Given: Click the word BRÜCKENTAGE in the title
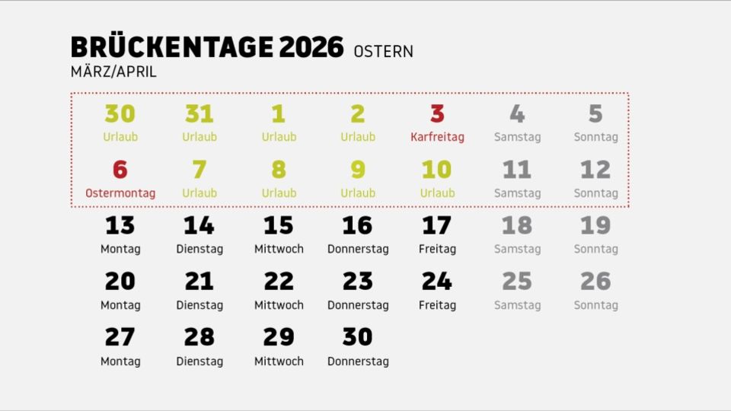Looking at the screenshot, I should click(x=171, y=47).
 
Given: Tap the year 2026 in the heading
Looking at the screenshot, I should click(x=311, y=47).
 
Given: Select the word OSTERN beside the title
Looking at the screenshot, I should click(x=383, y=52).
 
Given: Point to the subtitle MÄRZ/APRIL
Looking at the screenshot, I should click(x=113, y=72).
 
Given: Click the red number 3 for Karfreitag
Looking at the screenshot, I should click(x=437, y=114).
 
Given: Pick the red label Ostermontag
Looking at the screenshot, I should click(x=120, y=193).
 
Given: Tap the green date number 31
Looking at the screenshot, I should click(x=200, y=114).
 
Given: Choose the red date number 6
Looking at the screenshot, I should click(x=120, y=170).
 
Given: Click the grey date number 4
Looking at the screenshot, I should click(x=517, y=114).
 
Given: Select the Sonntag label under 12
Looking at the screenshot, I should click(x=595, y=193).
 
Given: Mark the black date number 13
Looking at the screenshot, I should click(x=120, y=226).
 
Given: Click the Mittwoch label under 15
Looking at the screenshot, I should click(x=279, y=249).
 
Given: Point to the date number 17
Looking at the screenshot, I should click(x=437, y=226).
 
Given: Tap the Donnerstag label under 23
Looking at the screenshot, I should click(x=358, y=305).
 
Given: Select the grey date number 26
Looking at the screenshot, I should click(x=595, y=282).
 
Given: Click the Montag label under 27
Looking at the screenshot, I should click(x=120, y=362).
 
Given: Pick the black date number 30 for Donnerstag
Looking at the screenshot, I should click(x=358, y=337).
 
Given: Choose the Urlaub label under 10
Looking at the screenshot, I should click(x=437, y=193).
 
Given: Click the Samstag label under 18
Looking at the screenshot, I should click(x=517, y=249).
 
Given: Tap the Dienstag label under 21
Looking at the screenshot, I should click(x=200, y=305).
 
